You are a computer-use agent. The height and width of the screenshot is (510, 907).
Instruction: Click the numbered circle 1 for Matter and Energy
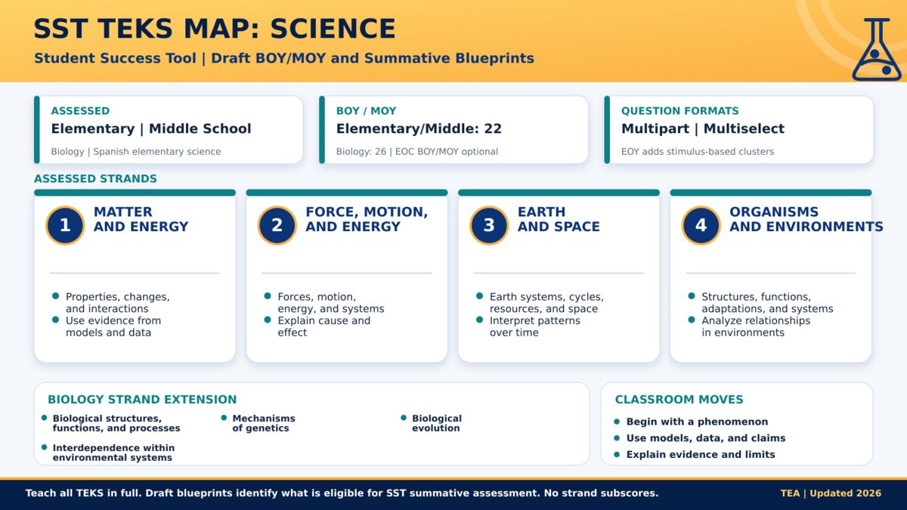[x=65, y=225]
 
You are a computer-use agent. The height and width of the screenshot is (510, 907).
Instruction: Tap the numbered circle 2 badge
[x=277, y=225]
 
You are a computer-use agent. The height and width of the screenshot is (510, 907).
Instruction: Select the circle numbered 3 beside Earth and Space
[x=489, y=225]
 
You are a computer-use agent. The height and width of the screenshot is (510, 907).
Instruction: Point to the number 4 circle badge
[x=701, y=225]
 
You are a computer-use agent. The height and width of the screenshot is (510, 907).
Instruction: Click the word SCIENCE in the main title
[x=333, y=29]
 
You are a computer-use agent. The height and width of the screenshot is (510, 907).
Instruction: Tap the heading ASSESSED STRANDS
[x=95, y=178]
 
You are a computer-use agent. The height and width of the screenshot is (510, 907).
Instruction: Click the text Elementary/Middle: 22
[x=419, y=128]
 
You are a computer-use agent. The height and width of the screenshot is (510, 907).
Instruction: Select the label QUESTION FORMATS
[x=679, y=111]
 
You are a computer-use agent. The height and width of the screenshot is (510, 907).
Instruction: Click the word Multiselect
[x=744, y=128]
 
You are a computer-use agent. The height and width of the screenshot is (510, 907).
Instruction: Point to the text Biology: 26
[x=361, y=152]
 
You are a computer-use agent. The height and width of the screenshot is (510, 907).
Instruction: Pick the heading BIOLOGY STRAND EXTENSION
[x=142, y=400]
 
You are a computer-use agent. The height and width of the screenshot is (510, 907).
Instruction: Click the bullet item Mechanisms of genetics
[x=264, y=423]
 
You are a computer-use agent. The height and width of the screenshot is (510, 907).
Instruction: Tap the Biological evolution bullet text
[x=437, y=423]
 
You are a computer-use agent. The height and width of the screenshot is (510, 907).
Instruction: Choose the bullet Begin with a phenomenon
[x=697, y=422]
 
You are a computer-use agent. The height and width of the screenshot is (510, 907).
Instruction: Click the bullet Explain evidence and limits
[x=701, y=455]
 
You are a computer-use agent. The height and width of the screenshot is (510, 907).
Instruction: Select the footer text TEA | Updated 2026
[x=831, y=493]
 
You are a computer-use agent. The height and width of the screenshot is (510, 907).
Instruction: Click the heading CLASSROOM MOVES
[x=679, y=400]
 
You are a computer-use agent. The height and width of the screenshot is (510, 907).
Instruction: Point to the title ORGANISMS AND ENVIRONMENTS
[x=806, y=219]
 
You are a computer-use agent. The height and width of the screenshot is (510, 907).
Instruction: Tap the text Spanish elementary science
[x=157, y=152]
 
